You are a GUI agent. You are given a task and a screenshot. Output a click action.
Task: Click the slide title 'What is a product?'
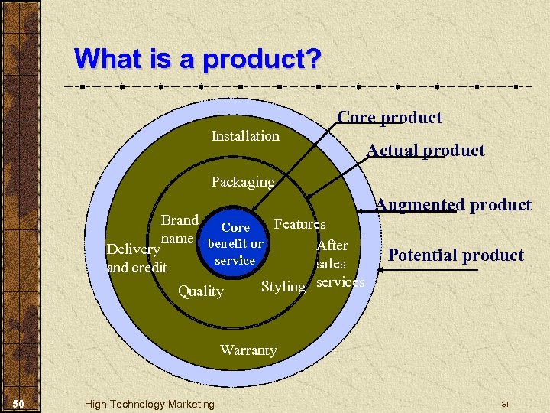click(199, 59)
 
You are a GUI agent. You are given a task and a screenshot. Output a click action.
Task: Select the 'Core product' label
click(390, 118)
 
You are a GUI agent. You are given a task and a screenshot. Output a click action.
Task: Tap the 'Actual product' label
click(425, 151)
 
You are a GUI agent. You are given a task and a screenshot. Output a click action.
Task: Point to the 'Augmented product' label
click(454, 205)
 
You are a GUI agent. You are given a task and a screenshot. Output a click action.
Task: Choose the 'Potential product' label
click(456, 255)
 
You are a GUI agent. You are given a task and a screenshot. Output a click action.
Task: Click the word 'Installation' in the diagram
click(245, 136)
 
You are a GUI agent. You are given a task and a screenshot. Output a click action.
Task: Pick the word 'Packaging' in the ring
click(242, 182)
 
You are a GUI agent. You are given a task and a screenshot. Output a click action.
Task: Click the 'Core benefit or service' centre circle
click(235, 244)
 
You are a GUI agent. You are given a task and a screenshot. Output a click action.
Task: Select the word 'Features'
click(299, 224)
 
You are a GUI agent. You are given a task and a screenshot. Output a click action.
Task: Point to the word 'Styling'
click(283, 287)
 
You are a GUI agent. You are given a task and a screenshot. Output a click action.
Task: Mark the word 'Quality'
click(201, 291)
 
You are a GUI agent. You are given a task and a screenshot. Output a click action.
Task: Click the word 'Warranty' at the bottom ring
click(248, 350)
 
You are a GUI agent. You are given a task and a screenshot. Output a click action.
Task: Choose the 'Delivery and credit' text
click(137, 259)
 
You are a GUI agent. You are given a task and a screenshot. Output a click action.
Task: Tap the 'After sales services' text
click(336, 264)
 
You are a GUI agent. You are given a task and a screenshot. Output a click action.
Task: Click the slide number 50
click(20, 404)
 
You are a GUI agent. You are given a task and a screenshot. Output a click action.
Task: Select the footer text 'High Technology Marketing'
click(150, 404)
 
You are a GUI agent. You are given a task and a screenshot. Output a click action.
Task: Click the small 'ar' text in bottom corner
click(505, 403)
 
